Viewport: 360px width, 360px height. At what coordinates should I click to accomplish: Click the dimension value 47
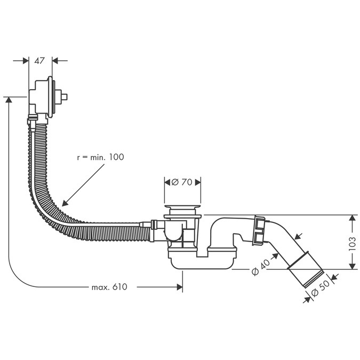pyautogui.click(x=40, y=61)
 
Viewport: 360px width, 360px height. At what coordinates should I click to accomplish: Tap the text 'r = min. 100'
pyautogui.click(x=100, y=157)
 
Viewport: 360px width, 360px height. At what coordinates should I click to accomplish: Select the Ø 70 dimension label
pyautogui.click(x=181, y=182)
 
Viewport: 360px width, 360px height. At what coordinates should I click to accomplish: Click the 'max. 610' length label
pyautogui.click(x=109, y=287)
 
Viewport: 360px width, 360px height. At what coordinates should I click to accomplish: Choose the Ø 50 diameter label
pyautogui.click(x=320, y=291)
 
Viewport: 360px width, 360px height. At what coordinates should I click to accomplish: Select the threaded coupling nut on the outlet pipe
pyautogui.click(x=259, y=230)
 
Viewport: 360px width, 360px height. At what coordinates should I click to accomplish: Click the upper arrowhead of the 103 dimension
pyautogui.click(x=352, y=218)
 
